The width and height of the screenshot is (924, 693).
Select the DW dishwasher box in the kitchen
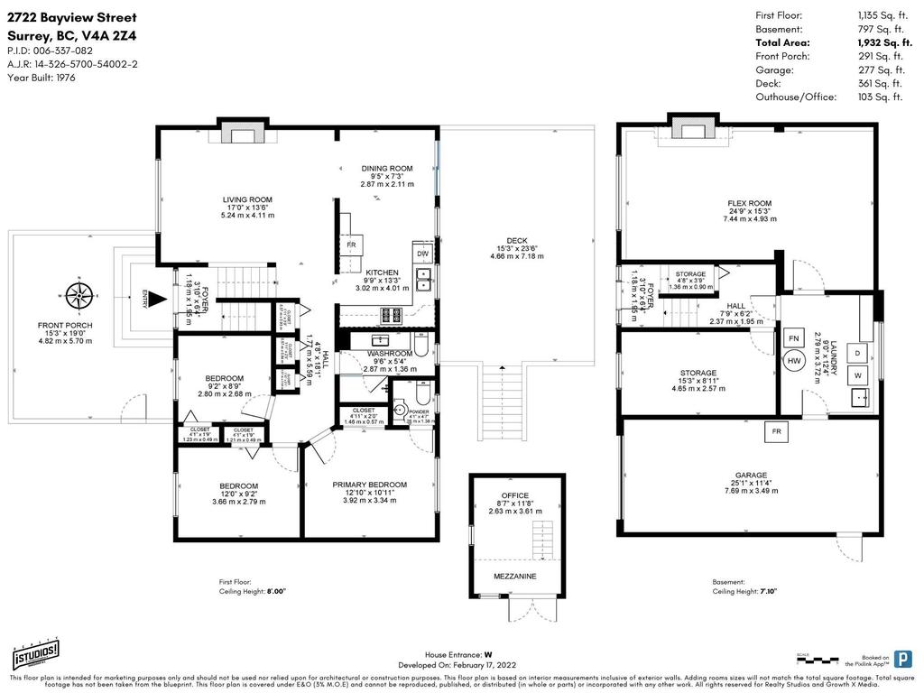pos(422,254)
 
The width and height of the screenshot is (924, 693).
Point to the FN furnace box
pos(794,338)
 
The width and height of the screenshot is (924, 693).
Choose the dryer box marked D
pos(858,351)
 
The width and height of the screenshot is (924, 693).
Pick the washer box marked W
pos(858,374)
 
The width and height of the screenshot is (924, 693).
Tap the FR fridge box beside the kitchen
pos(352,245)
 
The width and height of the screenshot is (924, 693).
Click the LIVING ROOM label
pos(247,199)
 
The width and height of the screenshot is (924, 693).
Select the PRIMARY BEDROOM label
pos(369,485)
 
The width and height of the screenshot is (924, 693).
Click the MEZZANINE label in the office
pos(515,576)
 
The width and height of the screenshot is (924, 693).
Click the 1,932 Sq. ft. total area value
pos(880,42)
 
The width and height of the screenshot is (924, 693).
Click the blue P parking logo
pos(901,658)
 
